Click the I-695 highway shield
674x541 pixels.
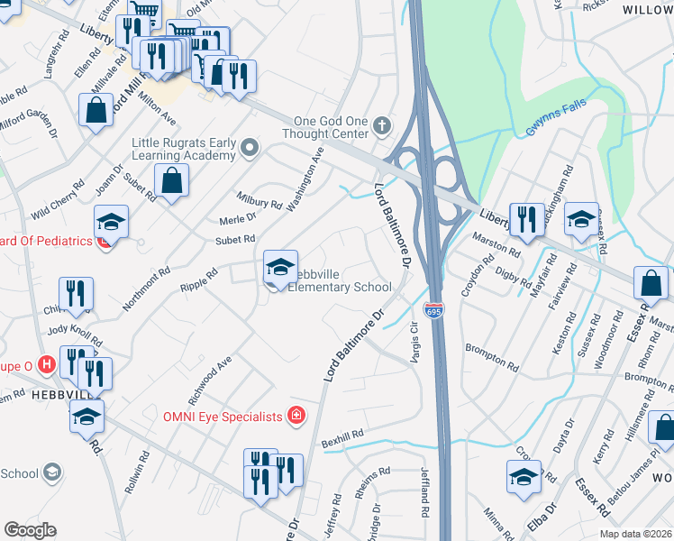click(x=434, y=310)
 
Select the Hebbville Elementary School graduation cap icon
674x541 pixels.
click(x=280, y=267)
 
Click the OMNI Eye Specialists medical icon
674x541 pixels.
click(x=296, y=416)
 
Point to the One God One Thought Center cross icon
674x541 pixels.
click(x=383, y=125)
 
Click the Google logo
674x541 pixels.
click(x=29, y=530)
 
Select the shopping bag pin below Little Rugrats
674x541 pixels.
click(x=170, y=181)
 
